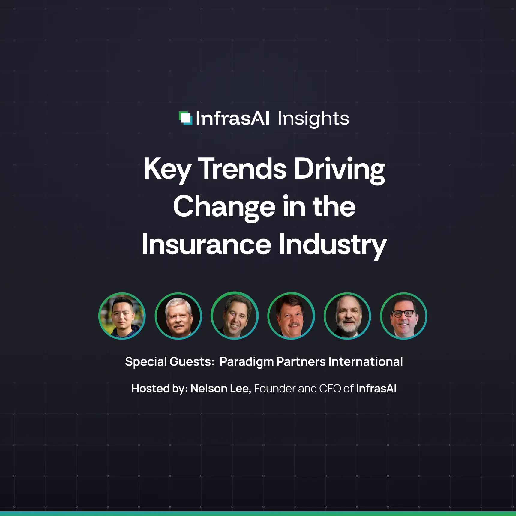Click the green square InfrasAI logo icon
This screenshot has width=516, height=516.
click(x=185, y=118)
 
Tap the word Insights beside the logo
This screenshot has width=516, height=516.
click(x=313, y=119)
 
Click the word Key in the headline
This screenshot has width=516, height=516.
click(x=167, y=169)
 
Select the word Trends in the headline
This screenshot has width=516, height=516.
click(x=242, y=169)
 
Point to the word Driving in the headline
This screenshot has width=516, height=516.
click(x=339, y=169)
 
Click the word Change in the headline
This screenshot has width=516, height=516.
click(x=224, y=207)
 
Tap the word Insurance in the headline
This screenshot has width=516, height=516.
click(x=206, y=244)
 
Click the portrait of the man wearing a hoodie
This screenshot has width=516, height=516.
click(x=122, y=316)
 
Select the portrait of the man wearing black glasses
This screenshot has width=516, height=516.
click(x=403, y=316)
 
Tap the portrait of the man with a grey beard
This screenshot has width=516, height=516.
click(x=347, y=316)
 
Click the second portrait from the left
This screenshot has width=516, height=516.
click(x=178, y=316)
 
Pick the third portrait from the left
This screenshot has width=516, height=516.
click(x=235, y=316)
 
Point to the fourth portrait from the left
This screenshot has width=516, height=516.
click(x=291, y=316)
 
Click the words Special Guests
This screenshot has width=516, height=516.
click(x=169, y=362)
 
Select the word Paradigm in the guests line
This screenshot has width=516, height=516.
click(x=247, y=362)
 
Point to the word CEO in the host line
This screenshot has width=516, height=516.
click(x=330, y=388)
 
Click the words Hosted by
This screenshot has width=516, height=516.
click(x=159, y=388)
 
